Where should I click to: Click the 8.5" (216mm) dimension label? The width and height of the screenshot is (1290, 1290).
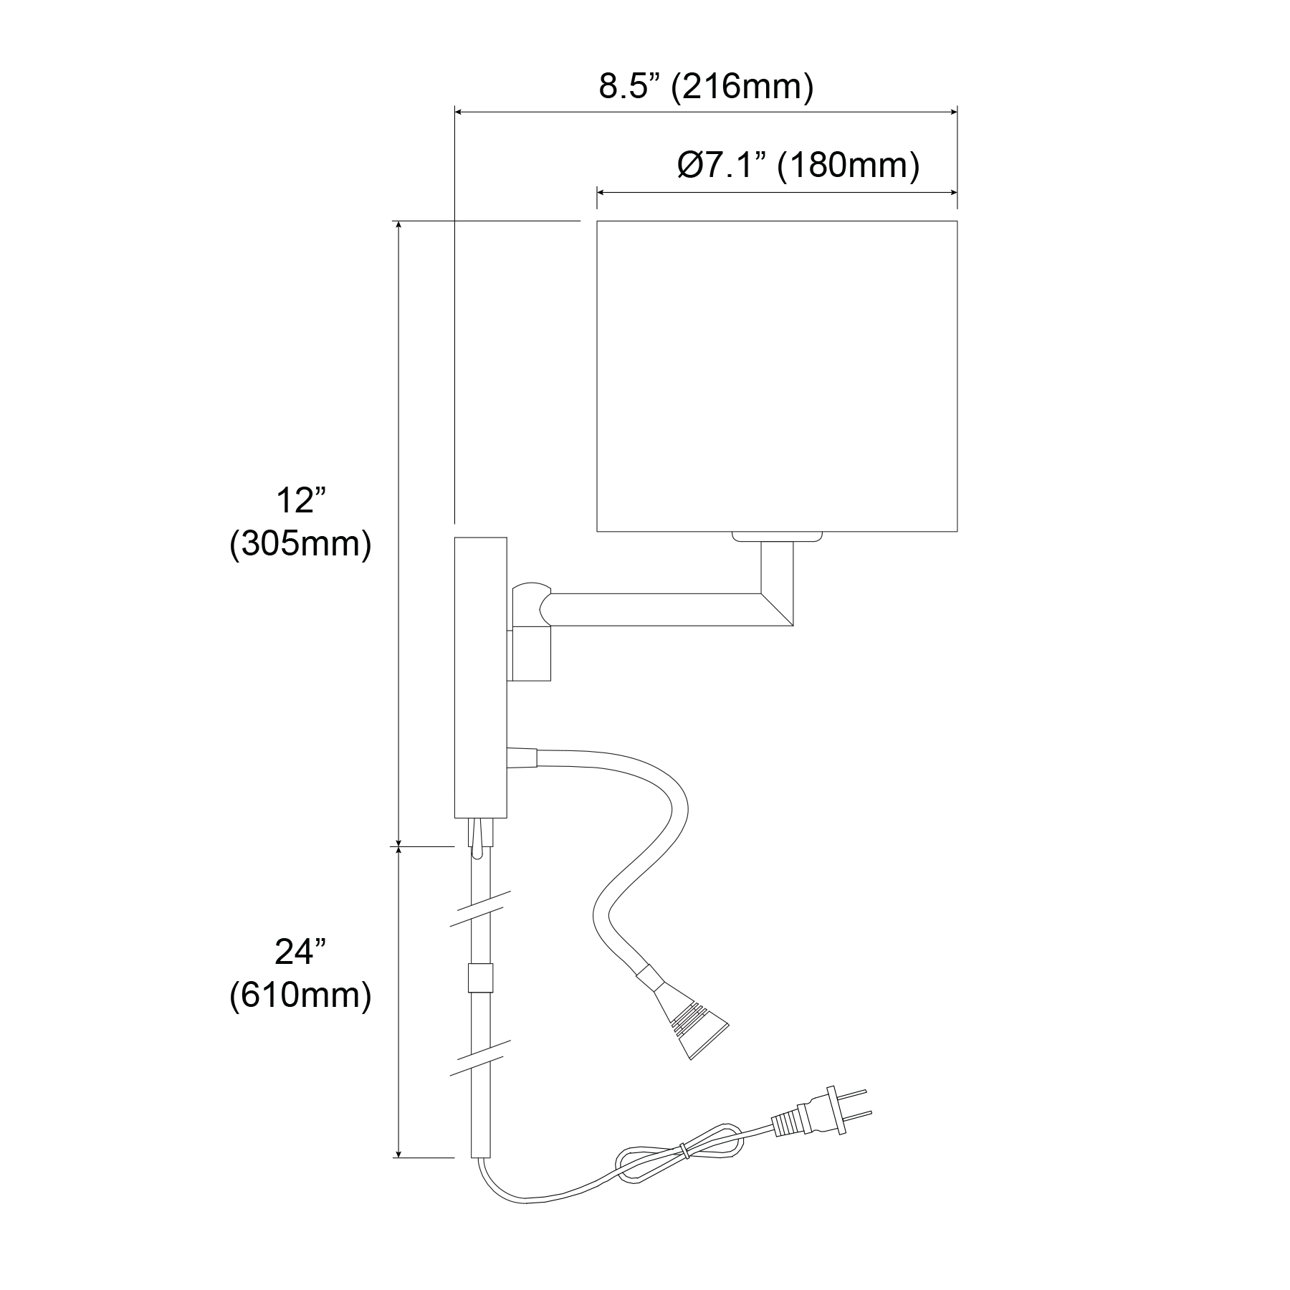[x=706, y=87]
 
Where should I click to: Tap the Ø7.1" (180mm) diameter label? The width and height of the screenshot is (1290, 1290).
[x=798, y=166]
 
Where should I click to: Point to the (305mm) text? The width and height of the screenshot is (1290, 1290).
[x=300, y=545]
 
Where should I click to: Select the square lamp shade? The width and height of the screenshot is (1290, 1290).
[x=777, y=376]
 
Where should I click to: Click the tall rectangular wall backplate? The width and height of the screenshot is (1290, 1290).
[x=480, y=677]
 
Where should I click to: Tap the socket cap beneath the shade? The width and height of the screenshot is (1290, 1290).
[x=777, y=536]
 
